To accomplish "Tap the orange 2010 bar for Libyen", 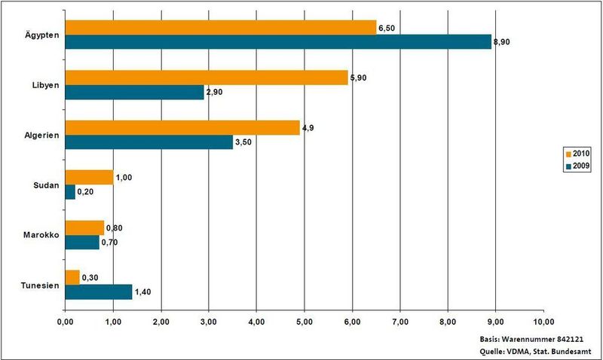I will (207, 77).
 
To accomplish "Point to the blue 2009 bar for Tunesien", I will (98, 291).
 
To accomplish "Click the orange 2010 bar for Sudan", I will (89, 178).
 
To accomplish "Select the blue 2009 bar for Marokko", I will (81, 242).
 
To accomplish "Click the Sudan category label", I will (47, 185).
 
